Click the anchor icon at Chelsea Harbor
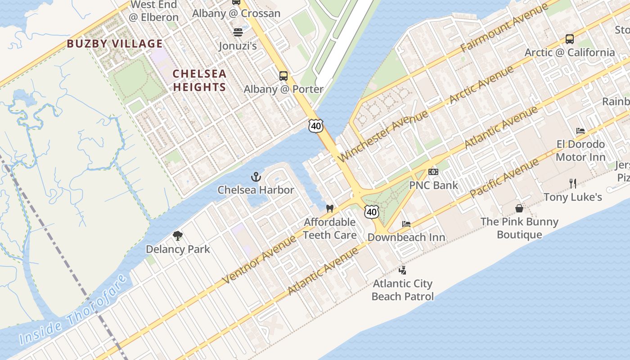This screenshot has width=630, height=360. (256, 177)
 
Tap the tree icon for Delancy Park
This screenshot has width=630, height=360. (178, 236)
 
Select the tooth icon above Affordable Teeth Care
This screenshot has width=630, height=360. (329, 209)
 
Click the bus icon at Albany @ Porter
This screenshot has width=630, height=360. (283, 76)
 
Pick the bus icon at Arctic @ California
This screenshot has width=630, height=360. (569, 39)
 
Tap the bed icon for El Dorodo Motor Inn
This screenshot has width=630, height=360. (580, 131)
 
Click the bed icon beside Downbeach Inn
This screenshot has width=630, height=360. (406, 224)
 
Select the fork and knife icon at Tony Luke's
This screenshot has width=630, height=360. (572, 183)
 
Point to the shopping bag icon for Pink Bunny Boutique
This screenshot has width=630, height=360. (519, 208)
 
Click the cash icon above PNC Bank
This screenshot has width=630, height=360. (433, 172)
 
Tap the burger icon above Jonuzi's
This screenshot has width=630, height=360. (238, 32)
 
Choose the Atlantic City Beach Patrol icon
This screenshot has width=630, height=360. (403, 270)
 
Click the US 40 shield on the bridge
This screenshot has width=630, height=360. (316, 126)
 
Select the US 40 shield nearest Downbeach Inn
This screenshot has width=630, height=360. (371, 211)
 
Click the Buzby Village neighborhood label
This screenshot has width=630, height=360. (115, 44)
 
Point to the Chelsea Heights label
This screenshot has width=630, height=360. (199, 80)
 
